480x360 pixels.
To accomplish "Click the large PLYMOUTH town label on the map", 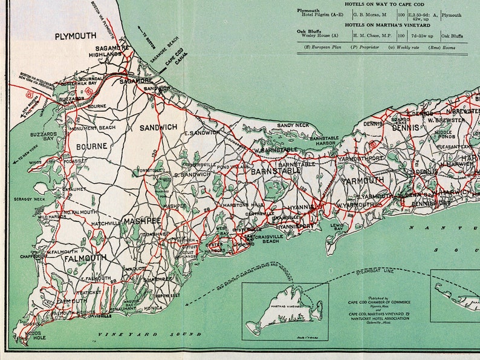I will [x=76, y=36].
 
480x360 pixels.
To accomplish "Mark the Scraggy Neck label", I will [x=31, y=199].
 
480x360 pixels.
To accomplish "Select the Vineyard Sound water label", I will [x=151, y=335].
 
